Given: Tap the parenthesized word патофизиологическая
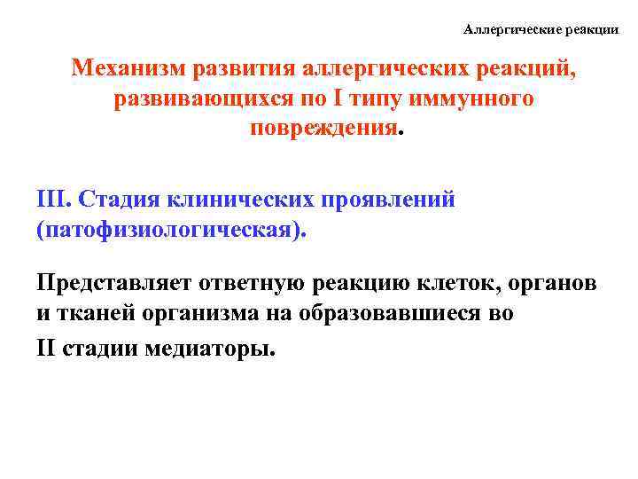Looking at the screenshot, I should (173, 230).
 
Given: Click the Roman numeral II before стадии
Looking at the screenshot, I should (47, 346).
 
